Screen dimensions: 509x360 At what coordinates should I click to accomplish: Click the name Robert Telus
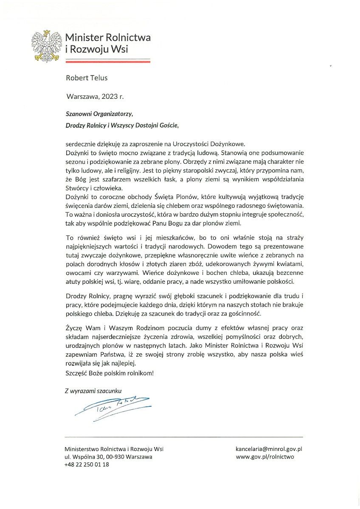(x=87, y=78)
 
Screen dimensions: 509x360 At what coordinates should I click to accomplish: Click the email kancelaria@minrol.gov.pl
(x=268, y=449)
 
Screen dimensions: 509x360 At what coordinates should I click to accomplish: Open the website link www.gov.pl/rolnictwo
(x=264, y=457)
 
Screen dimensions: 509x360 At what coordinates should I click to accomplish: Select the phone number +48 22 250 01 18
(x=87, y=464)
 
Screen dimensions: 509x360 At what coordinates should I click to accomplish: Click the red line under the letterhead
(x=108, y=62)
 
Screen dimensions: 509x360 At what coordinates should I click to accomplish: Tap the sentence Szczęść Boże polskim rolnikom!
(x=109, y=373)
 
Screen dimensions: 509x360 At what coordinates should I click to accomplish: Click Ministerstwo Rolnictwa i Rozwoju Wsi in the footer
(x=114, y=449)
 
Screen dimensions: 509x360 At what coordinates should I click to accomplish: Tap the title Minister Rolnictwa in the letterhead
(x=108, y=38)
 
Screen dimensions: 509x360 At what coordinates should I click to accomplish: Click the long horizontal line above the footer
(x=183, y=437)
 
